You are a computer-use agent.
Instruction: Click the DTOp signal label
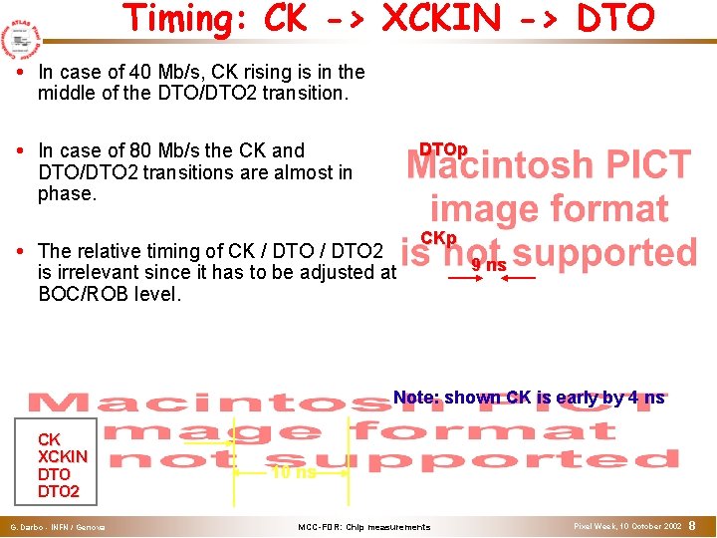tap(443, 149)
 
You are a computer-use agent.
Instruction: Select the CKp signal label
tap(438, 238)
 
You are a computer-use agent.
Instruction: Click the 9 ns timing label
tap(489, 265)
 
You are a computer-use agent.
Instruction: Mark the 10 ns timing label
tap(293, 472)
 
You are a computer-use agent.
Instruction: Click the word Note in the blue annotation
tap(415, 398)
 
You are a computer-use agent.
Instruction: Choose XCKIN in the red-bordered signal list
tap(62, 456)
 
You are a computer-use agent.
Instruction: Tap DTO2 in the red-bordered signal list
tap(58, 491)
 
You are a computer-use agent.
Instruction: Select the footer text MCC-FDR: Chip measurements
tap(364, 526)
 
